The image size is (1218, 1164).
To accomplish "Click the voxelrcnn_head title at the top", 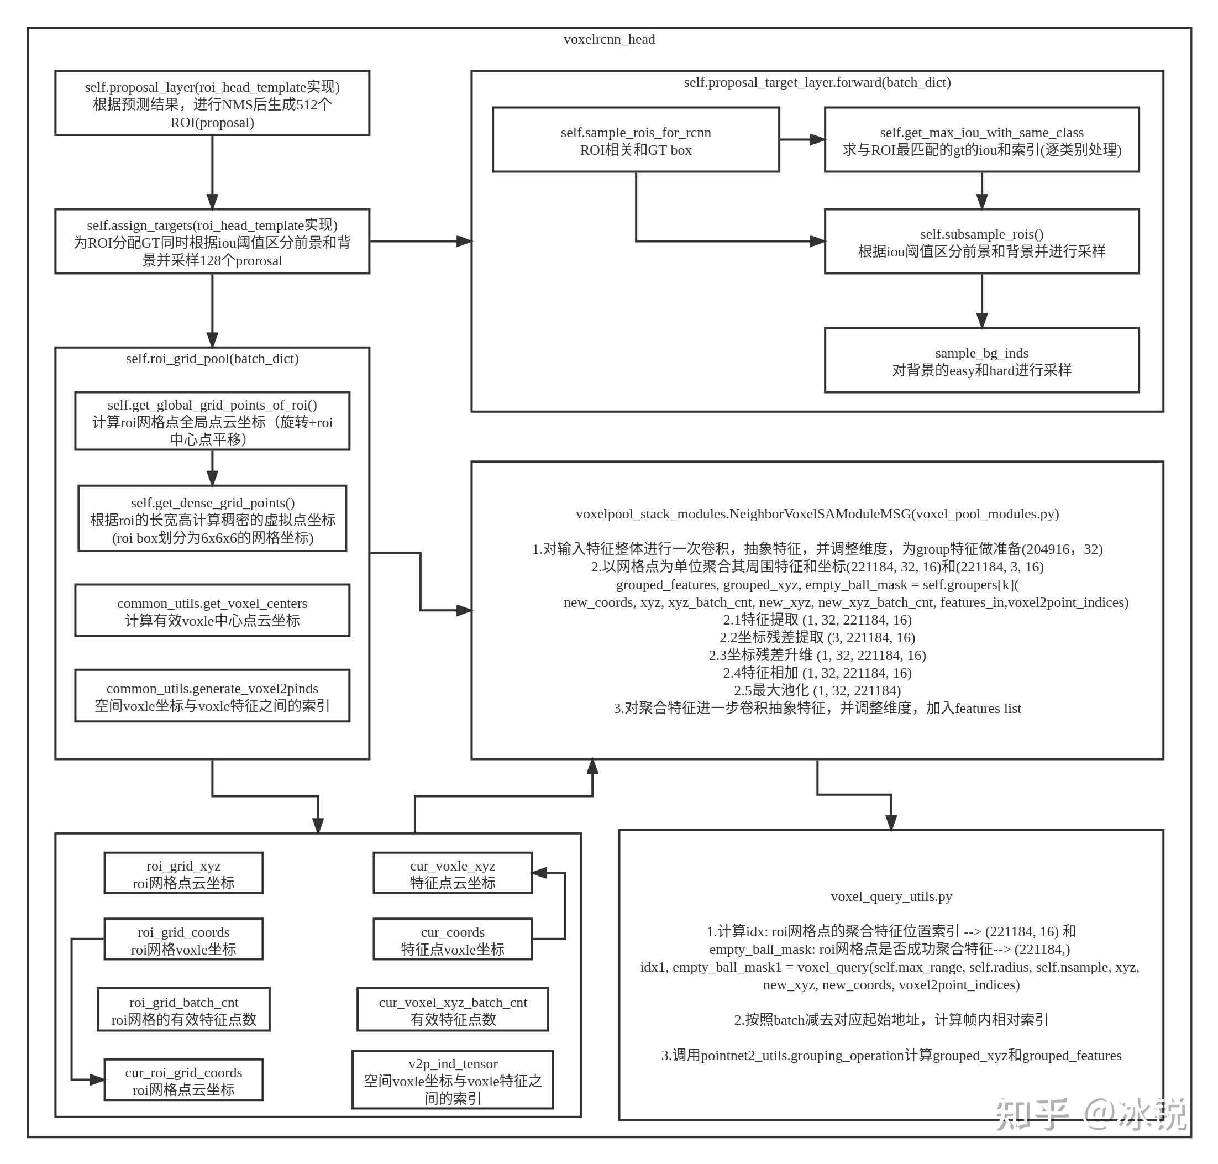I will pyautogui.click(x=608, y=39).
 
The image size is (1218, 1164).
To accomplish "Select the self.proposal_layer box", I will pyautogui.click(x=212, y=103).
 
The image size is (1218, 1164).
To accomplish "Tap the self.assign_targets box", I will pyautogui.click(x=212, y=242).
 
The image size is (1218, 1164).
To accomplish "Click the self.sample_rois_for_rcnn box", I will pyautogui.click(x=636, y=140).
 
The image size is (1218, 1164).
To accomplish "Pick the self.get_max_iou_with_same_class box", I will pyautogui.click(x=981, y=140).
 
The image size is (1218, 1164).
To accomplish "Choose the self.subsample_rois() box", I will pyautogui.click(x=981, y=242).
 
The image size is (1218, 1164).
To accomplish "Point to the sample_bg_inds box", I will pyautogui.click(x=981, y=360).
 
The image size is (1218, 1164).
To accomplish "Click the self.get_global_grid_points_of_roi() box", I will pyautogui.click(x=212, y=421).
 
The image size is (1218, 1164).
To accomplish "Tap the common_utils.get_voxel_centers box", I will pyautogui.click(x=212, y=611).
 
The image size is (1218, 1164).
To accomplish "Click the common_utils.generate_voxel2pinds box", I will pyautogui.click(x=212, y=696).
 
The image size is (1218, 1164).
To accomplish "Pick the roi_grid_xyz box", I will pyautogui.click(x=183, y=874).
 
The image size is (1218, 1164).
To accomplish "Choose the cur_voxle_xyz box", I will pyautogui.click(x=453, y=874).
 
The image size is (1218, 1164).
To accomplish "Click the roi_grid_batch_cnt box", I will pyautogui.click(x=183, y=1010).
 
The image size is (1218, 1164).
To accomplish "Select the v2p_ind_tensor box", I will pyautogui.click(x=453, y=1080).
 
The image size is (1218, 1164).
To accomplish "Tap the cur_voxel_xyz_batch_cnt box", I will pyautogui.click(x=453, y=1010).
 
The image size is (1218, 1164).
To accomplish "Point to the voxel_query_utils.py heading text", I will pyautogui.click(x=890, y=896).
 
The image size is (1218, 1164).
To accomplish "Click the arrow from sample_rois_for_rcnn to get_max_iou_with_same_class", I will pyautogui.click(x=802, y=140).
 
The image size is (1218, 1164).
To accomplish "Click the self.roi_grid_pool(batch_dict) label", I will pyautogui.click(x=212, y=359).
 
